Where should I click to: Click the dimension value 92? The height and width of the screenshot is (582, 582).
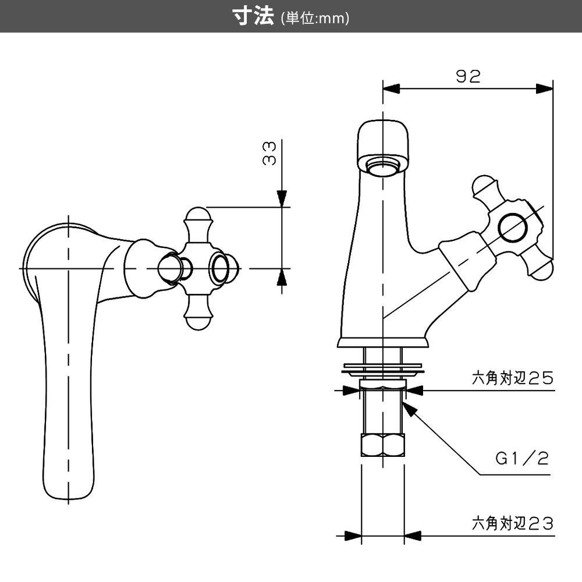point(468,76)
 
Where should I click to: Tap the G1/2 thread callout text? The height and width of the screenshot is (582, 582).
point(522,459)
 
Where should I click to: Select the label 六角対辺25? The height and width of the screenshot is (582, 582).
point(512,379)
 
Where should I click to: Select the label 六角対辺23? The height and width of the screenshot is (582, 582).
point(512,523)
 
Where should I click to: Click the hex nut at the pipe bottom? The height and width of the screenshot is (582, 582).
point(382,445)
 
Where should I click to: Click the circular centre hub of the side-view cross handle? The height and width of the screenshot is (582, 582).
point(514,228)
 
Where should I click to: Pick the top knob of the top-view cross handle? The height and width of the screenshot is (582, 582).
point(197,217)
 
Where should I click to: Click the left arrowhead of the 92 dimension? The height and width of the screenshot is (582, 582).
point(392,88)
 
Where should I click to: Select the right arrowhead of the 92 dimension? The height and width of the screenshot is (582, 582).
point(544,88)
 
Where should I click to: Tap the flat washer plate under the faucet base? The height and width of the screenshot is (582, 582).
point(382,368)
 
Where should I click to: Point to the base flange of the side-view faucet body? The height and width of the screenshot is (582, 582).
point(383,343)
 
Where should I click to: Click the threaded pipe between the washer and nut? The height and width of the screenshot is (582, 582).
point(382,410)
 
